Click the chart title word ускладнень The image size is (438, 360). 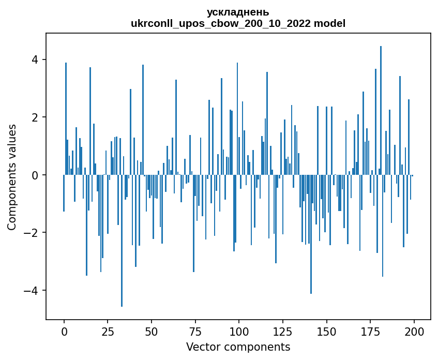tap(238, 12)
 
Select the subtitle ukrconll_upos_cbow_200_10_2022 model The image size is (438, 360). tap(238, 23)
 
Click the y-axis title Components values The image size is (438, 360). tap(11, 177)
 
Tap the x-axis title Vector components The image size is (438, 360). tap(238, 347)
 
